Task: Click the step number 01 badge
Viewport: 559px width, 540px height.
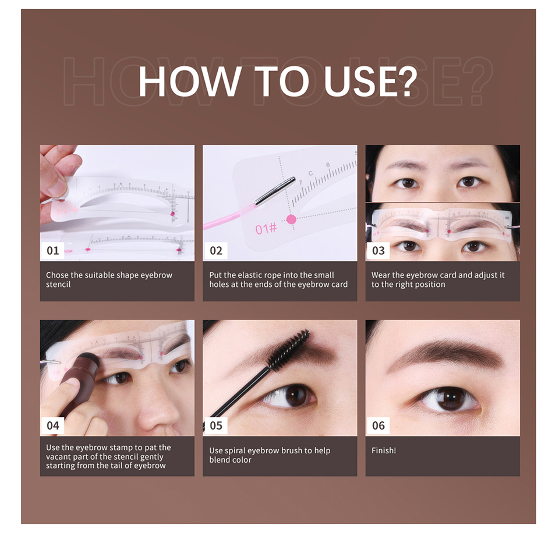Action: [53, 250]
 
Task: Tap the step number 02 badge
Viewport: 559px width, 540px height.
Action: [215, 250]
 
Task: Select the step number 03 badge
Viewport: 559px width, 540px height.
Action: [378, 250]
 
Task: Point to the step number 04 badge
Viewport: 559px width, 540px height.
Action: [53, 425]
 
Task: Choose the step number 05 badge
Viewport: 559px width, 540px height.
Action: [215, 425]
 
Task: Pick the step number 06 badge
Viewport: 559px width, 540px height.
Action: [378, 425]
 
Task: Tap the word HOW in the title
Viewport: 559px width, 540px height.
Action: [189, 81]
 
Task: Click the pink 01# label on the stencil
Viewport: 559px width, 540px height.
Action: [266, 229]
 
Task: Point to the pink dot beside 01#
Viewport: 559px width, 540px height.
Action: [291, 219]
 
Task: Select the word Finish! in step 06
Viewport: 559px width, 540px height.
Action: [384, 450]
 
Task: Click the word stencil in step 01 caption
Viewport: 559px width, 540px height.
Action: [58, 284]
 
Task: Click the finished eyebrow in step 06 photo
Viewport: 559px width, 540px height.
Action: [445, 353]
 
